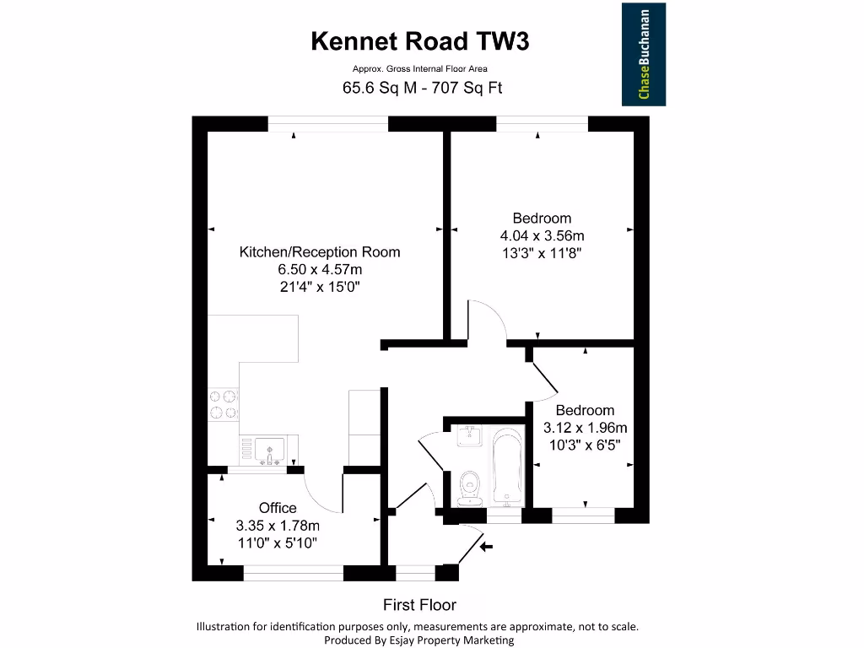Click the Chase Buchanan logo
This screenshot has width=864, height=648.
pos(644,54)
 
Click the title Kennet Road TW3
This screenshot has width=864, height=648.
pos(420,41)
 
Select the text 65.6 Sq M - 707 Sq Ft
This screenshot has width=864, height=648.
pos(422,88)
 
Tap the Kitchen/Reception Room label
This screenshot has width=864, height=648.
pos(320,251)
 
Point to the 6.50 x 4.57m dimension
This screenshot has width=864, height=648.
pos(320,269)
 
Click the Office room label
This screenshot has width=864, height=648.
pos(278,508)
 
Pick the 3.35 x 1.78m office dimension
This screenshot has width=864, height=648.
pos(278,526)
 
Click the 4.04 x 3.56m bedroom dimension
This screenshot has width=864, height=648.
pos(542,235)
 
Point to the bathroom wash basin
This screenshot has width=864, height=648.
pos(469,436)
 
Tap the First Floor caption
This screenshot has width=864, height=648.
pos(419,605)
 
